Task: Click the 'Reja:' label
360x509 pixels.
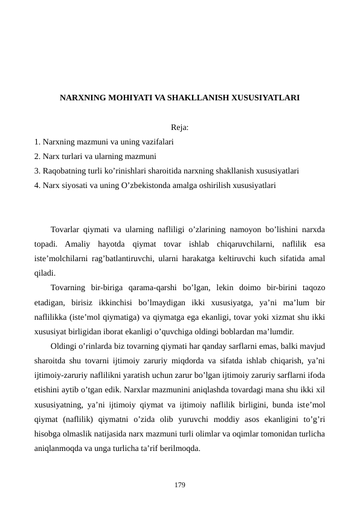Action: coord(179,128)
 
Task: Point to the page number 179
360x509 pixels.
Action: coord(179,485)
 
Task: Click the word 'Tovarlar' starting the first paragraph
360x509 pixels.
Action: coord(68,230)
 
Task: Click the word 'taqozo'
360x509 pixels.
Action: coord(312,288)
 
